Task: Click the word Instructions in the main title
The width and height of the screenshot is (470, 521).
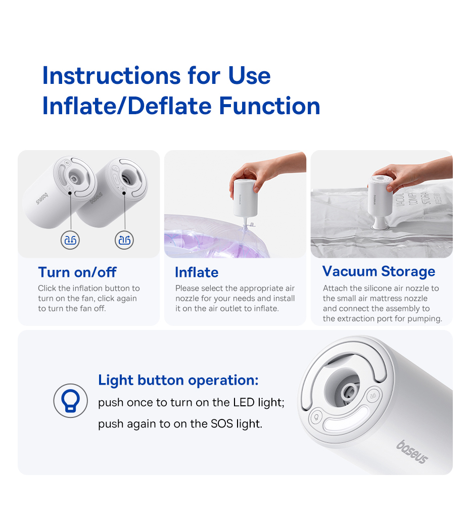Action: (111, 75)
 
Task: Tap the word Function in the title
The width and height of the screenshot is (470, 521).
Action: (269, 106)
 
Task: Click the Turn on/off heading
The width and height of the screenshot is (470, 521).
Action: (77, 272)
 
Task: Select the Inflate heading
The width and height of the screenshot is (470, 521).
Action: (197, 272)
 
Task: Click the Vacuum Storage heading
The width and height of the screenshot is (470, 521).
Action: (379, 271)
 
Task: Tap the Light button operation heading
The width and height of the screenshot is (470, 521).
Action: (178, 381)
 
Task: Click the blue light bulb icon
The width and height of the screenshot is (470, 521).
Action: (70, 400)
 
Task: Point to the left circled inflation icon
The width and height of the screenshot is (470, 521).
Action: (70, 240)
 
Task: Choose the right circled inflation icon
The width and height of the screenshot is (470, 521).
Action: (124, 240)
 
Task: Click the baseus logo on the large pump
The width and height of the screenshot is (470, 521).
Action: (412, 452)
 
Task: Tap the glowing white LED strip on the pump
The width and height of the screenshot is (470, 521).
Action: (346, 418)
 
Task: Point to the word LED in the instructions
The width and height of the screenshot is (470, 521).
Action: (244, 402)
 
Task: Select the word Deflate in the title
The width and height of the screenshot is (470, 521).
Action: (169, 106)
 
